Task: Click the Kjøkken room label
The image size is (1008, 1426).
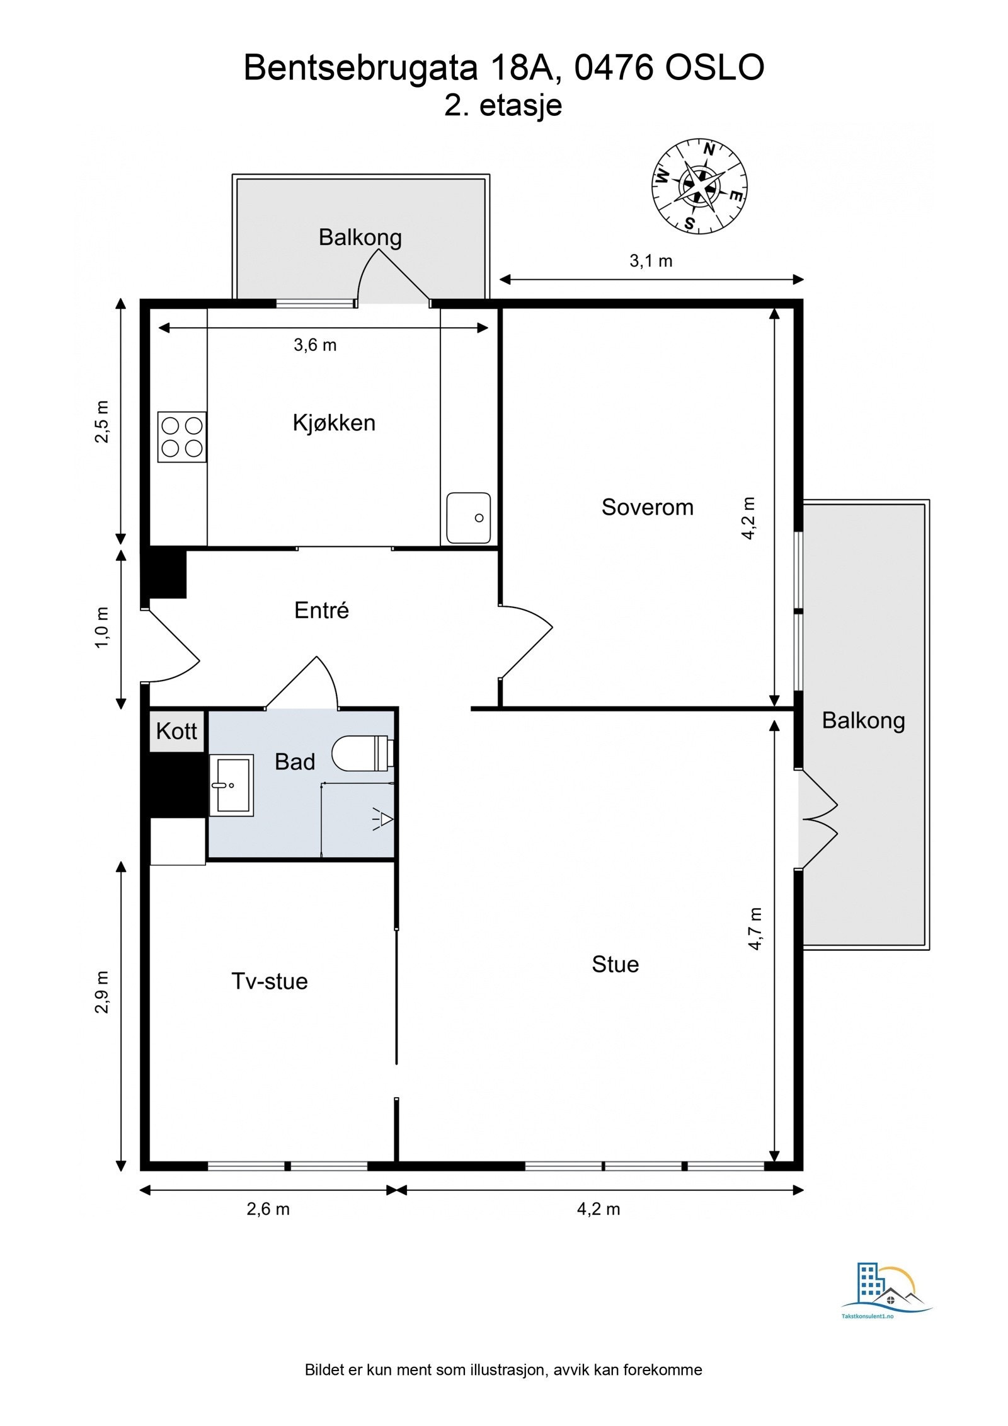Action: [x=334, y=423]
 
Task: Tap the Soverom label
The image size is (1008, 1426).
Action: [x=647, y=507]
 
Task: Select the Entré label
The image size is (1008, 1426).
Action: [x=321, y=610]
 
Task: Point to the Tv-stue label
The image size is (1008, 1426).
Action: [x=270, y=981]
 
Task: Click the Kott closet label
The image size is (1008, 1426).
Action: [x=176, y=731]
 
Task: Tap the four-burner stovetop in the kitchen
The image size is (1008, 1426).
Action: [x=181, y=437]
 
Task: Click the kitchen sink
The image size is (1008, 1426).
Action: [x=468, y=518]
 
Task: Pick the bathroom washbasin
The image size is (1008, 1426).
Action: [x=231, y=785]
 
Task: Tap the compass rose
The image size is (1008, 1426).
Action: [x=699, y=185]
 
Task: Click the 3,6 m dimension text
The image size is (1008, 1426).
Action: [x=315, y=345]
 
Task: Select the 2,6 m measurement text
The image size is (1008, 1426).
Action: [x=268, y=1209]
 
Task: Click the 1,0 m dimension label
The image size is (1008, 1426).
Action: [x=102, y=628]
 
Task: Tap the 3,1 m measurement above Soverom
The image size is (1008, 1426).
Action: [x=651, y=261]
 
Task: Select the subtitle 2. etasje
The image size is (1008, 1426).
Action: [x=503, y=105]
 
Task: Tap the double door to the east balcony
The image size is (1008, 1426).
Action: [x=818, y=819]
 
